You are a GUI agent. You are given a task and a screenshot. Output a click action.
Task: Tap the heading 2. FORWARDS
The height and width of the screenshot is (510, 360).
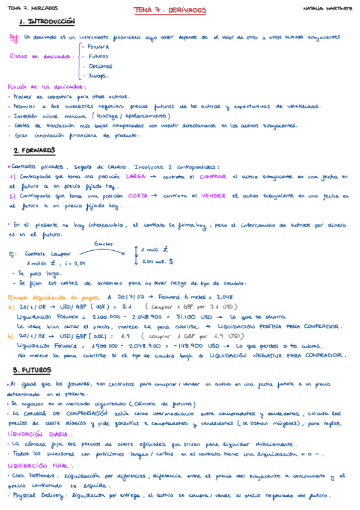pos(34,150)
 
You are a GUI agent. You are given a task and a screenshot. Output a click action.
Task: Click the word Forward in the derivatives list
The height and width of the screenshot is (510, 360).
pos(98,46)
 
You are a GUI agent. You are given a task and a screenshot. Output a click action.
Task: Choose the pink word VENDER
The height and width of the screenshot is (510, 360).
pos(213,195)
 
